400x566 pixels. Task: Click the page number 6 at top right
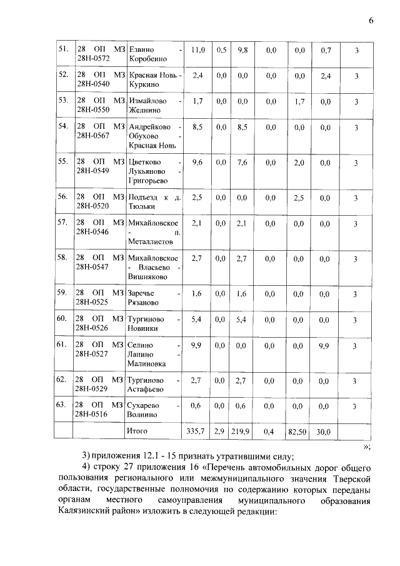pos(371,20)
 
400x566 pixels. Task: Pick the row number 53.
pos(62,101)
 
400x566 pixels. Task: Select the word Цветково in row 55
pos(144,161)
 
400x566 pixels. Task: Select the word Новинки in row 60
pos(143,328)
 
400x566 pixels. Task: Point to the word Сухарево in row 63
pos(144,405)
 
